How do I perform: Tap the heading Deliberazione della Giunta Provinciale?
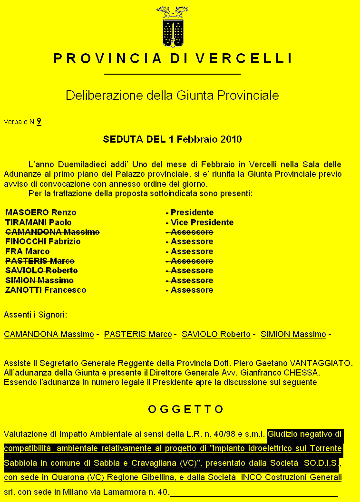pos(172,95)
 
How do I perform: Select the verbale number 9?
pos(39,122)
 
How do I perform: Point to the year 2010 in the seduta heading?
pos(231,139)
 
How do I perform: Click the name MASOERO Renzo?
pos(40,212)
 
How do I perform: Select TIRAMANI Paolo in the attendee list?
pos(38,222)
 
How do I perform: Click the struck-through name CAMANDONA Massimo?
pos(52,232)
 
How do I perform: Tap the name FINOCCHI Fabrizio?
pos(43,241)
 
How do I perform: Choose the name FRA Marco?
pos(27,251)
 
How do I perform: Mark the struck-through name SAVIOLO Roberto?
pos(41,270)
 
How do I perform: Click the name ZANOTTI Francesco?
pos(46,290)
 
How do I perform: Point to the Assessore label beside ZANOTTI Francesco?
pos(192,290)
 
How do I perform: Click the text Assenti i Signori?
pos(36,315)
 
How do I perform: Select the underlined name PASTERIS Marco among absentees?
pos(138,334)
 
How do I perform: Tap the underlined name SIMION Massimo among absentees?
pos(293,334)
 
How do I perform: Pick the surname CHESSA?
pos(302,373)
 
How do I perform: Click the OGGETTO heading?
pos(185,409)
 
